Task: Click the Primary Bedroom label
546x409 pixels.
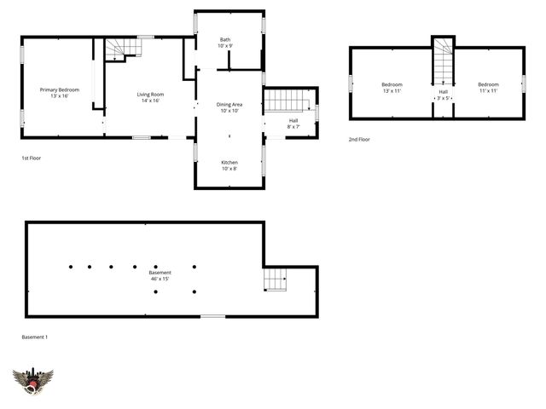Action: pos(59,93)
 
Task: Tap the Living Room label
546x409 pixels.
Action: pos(150,97)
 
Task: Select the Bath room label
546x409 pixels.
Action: pos(225,42)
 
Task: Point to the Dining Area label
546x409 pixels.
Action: pos(229,107)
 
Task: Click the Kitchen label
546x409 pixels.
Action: pos(229,165)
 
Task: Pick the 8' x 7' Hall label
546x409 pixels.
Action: pos(293,124)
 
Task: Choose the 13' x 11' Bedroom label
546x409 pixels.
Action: pos(392,87)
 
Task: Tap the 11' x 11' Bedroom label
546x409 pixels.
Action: pos(487,87)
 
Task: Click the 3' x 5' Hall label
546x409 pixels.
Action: pos(443,95)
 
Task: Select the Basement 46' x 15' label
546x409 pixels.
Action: pos(160,275)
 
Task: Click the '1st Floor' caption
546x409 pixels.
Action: pos(32,158)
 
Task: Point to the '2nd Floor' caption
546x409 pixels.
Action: pos(359,139)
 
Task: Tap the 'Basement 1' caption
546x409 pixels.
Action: pos(35,337)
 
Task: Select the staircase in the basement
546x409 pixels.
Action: pos(275,279)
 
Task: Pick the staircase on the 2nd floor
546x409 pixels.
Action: pos(443,61)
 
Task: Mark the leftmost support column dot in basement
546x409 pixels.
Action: pos(70,267)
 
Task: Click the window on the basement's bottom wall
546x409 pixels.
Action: pos(213,317)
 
